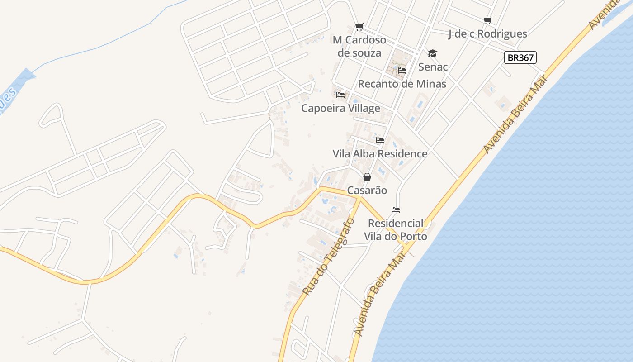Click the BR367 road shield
tap(520, 57)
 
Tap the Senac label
tap(433, 67)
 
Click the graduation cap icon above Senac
tap(433, 54)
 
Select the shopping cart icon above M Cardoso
tap(359, 27)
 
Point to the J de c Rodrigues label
tap(487, 34)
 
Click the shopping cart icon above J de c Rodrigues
tap(487, 20)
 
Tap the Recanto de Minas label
tap(402, 84)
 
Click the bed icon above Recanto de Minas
tap(402, 71)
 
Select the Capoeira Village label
tap(340, 108)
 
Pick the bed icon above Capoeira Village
tap(340, 95)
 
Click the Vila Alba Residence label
tap(380, 153)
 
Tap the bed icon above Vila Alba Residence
tap(380, 140)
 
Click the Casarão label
tap(367, 190)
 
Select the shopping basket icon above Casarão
tap(367, 176)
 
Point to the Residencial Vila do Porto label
tap(396, 229)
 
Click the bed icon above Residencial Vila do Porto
tap(396, 210)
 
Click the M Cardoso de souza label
tap(359, 46)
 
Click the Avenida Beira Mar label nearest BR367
tap(515, 114)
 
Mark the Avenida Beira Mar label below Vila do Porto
tap(379, 297)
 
